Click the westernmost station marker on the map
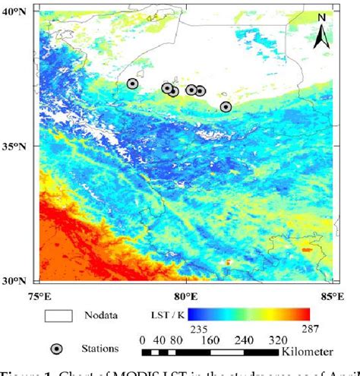(132, 84)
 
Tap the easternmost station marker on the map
(226, 107)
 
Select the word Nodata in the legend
(102, 314)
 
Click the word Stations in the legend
(103, 349)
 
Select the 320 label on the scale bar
(279, 341)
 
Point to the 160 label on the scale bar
(209, 341)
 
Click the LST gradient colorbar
(249, 314)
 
